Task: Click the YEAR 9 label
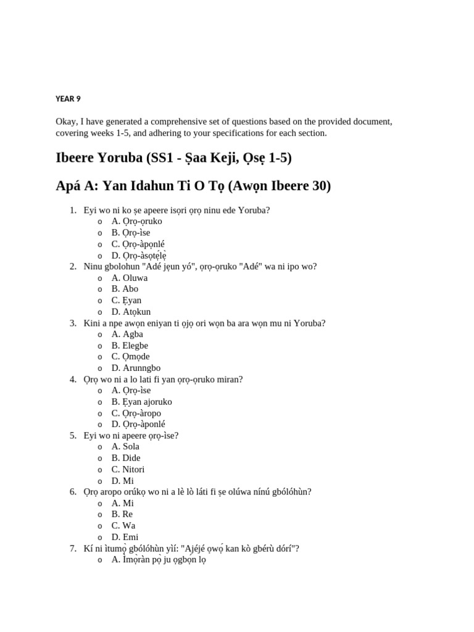[x=68, y=99]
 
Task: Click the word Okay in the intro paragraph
[x=67, y=122]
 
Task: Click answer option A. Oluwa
[x=129, y=278]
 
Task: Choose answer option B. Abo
[x=125, y=289]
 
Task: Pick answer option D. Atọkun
[x=131, y=312]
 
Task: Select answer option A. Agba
[x=127, y=334]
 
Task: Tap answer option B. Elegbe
[x=130, y=346]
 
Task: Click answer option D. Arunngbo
[x=135, y=368]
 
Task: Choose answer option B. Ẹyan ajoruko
[x=141, y=402]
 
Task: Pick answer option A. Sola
[x=125, y=446]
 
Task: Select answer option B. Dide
[x=126, y=458]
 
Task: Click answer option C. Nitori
[x=128, y=469]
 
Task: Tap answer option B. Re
[x=122, y=514]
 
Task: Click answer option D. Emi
[x=125, y=537]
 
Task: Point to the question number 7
[x=73, y=548]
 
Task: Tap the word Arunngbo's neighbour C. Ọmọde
[x=130, y=357]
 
